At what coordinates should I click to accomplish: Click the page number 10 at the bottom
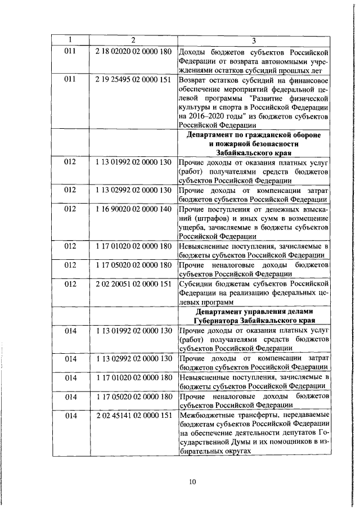[192, 481]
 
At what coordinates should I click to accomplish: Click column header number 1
[70, 40]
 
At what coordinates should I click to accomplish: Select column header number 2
[133, 40]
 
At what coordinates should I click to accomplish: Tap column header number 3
[254, 40]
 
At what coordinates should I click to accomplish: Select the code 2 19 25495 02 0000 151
[133, 79]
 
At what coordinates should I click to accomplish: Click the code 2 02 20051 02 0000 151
[133, 283]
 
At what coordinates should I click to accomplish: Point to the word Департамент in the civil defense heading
[212, 135]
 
